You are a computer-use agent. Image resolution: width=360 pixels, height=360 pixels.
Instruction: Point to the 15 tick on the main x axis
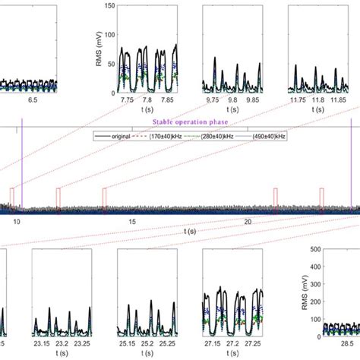tap(132, 221)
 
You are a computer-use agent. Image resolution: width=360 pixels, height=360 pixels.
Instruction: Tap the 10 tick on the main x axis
tap(17, 221)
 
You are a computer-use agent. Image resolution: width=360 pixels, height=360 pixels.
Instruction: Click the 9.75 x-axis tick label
tap(213, 99)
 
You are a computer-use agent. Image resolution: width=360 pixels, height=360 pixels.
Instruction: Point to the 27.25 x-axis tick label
tap(253, 344)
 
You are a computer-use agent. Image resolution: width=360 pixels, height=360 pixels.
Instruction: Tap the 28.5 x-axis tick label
tap(335, 344)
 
